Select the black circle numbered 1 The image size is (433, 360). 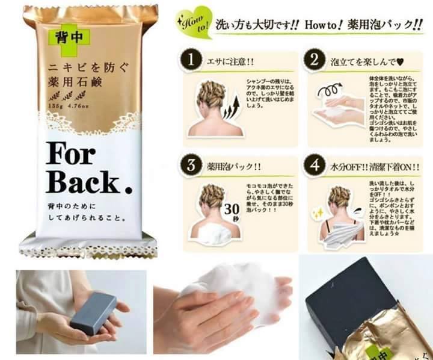191,61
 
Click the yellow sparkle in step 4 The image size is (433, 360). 316,213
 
